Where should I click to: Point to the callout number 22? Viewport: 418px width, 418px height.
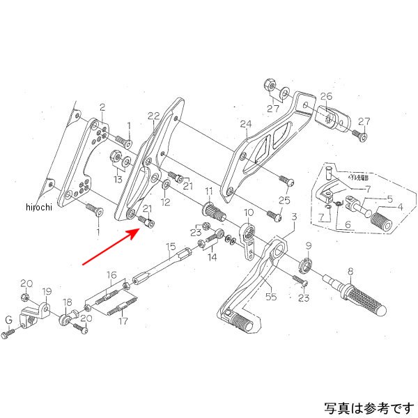(154, 116)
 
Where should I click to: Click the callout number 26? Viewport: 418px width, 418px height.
(327, 97)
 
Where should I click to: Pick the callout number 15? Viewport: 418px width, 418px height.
(170, 247)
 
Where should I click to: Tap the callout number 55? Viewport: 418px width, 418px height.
(270, 296)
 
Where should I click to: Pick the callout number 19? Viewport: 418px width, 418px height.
(47, 291)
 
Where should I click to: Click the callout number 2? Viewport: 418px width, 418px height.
(102, 107)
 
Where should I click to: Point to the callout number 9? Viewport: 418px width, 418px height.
(309, 245)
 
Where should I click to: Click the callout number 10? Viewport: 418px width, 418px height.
(247, 212)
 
